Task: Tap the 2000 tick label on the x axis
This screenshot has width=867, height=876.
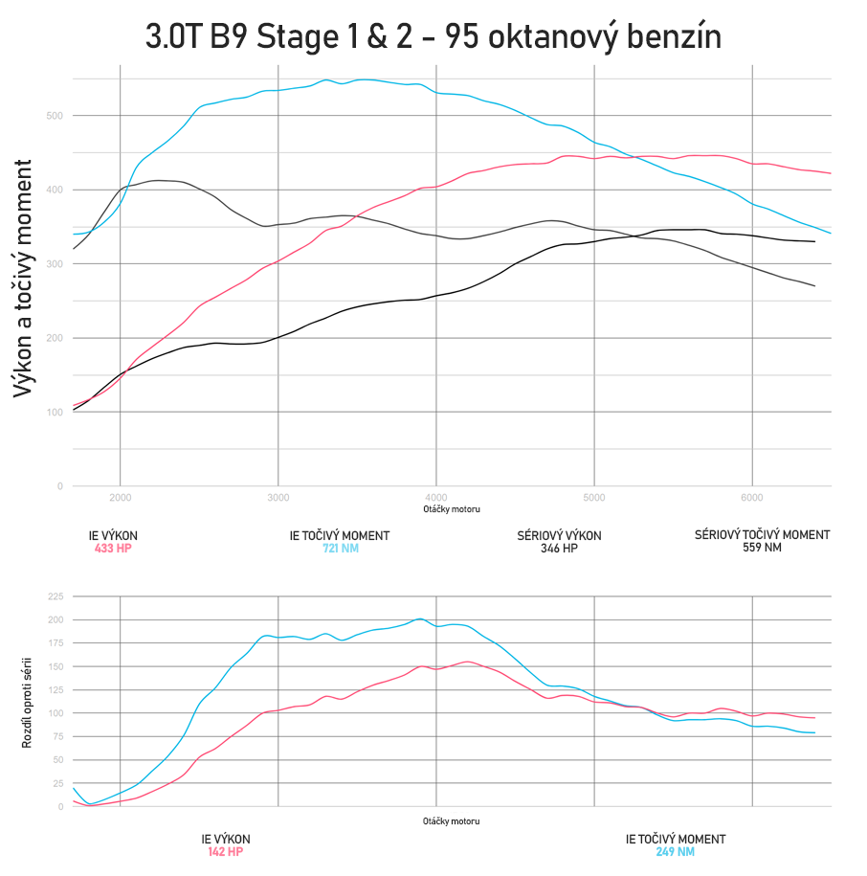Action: point(121,498)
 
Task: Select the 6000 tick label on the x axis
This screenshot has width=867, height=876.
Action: point(752,498)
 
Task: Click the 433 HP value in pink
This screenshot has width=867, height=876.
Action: point(112,549)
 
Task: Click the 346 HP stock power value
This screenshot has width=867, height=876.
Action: point(559,549)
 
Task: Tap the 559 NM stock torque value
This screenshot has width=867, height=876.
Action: point(762,549)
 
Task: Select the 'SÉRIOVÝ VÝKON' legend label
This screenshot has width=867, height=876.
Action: point(559,536)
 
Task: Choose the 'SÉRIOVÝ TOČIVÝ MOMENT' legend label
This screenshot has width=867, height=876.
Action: point(762,535)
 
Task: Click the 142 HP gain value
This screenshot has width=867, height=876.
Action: point(226,851)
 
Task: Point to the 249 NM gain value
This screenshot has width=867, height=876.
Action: point(675,851)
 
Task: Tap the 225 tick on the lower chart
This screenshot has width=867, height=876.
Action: point(55,595)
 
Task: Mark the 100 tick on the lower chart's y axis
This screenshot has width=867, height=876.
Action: point(55,713)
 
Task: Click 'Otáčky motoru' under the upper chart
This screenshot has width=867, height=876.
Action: point(452,509)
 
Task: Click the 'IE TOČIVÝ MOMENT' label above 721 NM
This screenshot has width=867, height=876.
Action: point(339,536)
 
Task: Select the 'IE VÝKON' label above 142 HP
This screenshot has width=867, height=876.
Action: point(226,839)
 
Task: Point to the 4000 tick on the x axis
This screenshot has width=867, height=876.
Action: point(436,498)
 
